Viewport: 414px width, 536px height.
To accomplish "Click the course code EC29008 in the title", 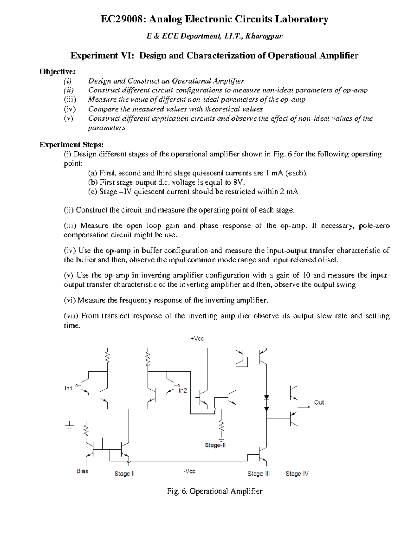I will click(120, 19).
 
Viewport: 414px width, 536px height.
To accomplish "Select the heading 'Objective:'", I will click(57, 71).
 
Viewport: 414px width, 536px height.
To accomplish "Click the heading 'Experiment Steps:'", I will click(72, 144).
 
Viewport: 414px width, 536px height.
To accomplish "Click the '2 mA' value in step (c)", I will click(289, 192).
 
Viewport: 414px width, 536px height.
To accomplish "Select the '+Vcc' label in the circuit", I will click(197, 339).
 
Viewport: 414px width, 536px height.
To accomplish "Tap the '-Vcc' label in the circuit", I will click(189, 471).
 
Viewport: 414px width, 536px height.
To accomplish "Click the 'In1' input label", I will click(68, 388).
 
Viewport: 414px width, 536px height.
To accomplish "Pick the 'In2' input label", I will click(183, 391).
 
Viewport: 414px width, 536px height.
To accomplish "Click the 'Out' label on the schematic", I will click(319, 402).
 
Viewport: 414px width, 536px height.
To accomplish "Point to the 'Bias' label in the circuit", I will click(82, 471).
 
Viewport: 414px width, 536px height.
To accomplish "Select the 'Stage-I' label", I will click(124, 474).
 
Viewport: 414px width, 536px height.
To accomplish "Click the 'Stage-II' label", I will click(215, 445).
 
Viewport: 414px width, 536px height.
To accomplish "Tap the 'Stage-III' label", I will click(258, 474).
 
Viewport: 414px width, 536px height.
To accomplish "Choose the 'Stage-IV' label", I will click(297, 474).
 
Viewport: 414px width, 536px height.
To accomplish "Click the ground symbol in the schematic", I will click(70, 426).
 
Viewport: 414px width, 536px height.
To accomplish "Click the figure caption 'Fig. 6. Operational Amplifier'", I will click(215, 491).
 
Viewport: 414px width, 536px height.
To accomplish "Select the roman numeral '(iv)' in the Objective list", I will click(69, 109).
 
